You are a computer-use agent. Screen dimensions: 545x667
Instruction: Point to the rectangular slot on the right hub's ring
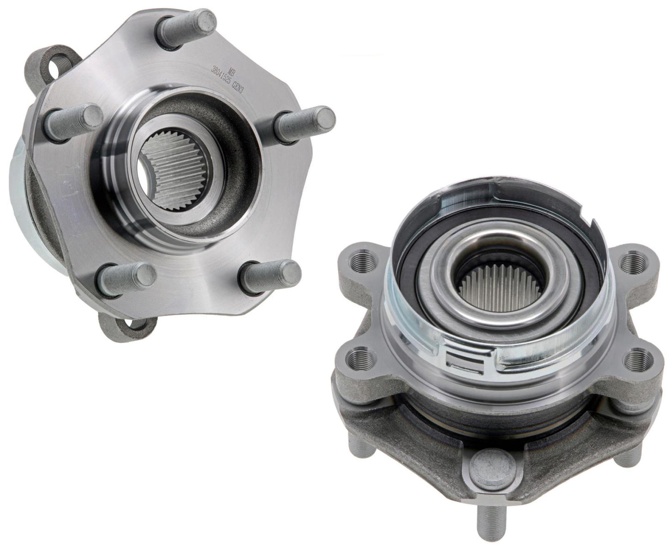coord(466,361)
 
